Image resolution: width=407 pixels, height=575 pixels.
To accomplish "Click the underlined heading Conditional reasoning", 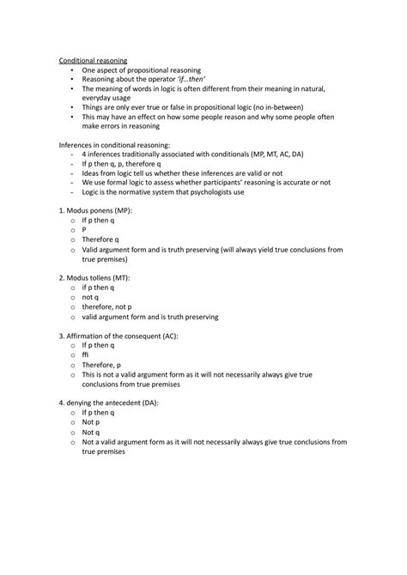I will [93, 60].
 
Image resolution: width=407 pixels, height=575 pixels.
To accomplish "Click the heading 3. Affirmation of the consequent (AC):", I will [118, 336].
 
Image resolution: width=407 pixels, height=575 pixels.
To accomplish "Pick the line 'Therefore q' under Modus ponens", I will [100, 239].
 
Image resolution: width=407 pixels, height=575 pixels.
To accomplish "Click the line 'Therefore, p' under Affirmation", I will [102, 366].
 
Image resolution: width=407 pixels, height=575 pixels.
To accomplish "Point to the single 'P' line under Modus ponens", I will [84, 230].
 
